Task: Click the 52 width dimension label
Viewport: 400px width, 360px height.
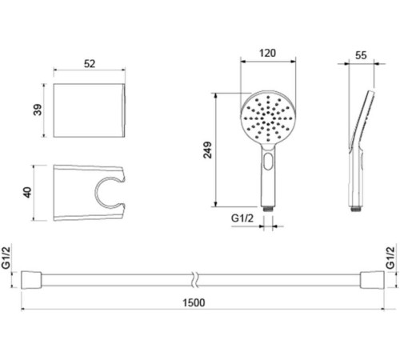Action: pos(90,64)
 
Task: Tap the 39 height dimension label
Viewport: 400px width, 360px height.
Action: pos(38,110)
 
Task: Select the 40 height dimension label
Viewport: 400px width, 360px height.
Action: pos(27,193)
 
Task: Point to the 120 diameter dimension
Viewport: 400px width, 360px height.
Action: pos(267,54)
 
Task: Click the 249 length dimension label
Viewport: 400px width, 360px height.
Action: pos(207,150)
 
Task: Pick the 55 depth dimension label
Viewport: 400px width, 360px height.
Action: pos(361,55)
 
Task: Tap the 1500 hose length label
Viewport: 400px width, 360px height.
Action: pos(194,302)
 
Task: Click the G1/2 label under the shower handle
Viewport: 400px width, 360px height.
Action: pos(242,218)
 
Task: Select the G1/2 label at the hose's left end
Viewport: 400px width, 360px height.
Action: pos(6,258)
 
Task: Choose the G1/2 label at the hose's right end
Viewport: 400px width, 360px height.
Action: pos(390,258)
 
